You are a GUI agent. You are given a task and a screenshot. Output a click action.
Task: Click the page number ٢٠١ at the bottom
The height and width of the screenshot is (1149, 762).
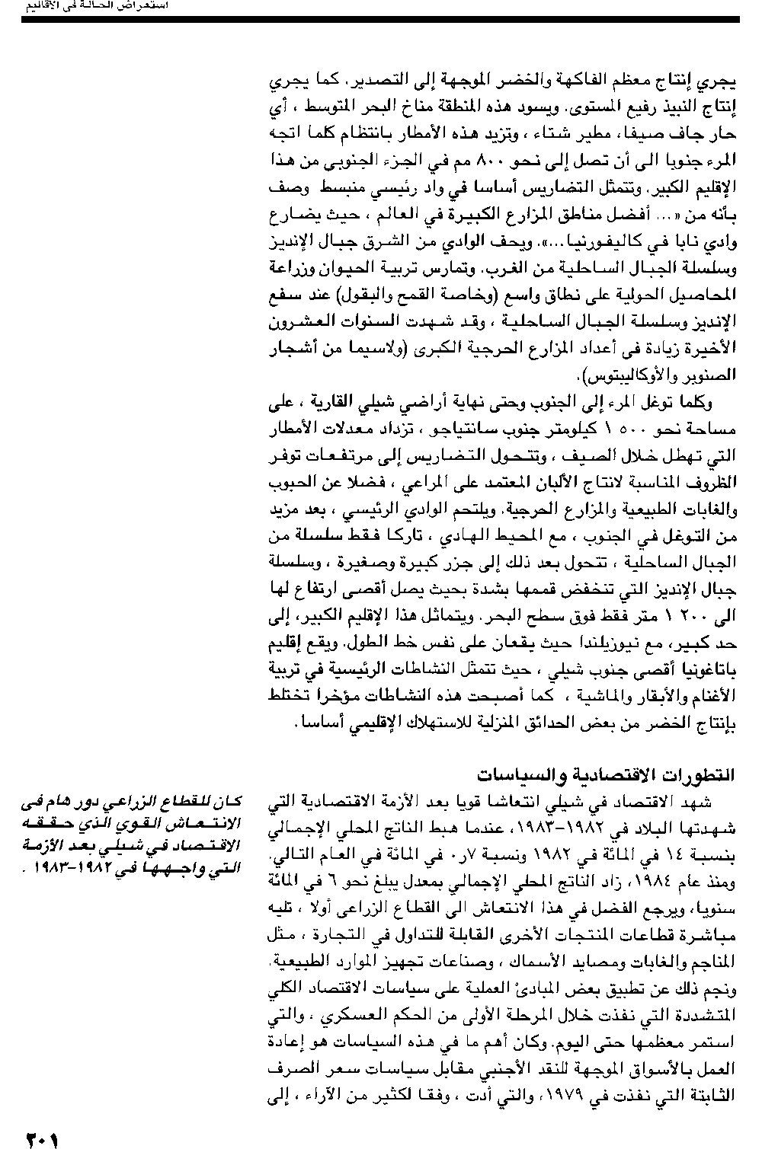click(43, 1139)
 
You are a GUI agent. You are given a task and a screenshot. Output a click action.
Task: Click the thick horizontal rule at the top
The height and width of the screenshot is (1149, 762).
click(380, 19)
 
